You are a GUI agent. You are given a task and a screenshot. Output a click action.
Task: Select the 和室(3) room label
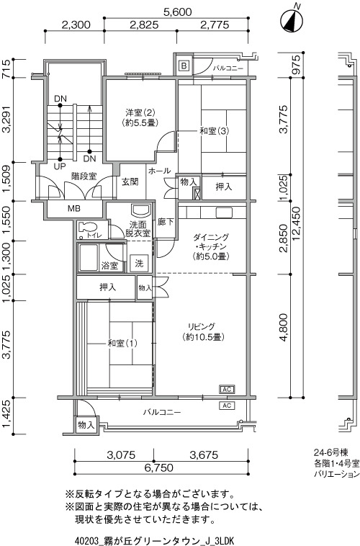point(214,131)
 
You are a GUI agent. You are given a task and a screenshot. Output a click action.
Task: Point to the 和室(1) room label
point(122,344)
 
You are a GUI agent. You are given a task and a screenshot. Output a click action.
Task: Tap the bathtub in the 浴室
point(89,258)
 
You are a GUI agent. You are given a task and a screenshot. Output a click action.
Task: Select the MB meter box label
point(74,209)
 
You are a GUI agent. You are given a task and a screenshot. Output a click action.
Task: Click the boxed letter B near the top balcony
point(184,66)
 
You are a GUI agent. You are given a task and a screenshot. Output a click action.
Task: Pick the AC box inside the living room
point(227,389)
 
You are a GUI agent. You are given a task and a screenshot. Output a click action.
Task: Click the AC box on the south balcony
point(227,406)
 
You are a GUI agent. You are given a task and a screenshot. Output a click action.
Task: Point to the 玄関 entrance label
point(130,182)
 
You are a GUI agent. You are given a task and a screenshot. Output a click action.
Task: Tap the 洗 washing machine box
point(139,263)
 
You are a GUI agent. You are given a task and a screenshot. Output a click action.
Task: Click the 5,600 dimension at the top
point(177,12)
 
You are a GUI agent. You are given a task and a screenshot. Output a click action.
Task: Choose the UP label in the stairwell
point(60,166)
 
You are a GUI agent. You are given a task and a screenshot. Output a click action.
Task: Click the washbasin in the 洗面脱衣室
point(141,210)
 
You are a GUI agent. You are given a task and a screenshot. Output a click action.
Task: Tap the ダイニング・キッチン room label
point(211,247)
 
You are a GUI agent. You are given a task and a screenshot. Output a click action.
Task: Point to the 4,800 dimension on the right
point(284,327)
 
